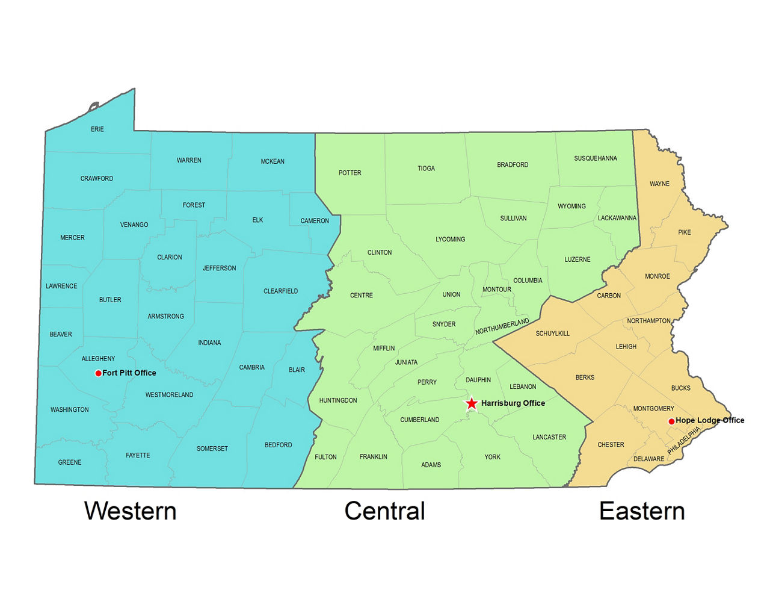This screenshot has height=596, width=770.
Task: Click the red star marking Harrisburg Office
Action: [x=472, y=403]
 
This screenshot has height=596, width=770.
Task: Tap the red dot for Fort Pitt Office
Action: [x=98, y=373]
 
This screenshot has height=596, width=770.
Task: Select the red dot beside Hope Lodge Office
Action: [x=671, y=421]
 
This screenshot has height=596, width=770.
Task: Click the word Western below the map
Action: [x=131, y=511]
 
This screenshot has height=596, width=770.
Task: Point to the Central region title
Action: [x=384, y=511]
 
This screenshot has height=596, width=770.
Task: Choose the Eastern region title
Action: [x=642, y=511]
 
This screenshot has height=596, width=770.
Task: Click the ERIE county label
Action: [x=97, y=129]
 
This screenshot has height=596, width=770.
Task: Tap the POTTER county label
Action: [x=350, y=173]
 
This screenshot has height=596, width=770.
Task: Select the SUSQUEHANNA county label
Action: [x=595, y=159]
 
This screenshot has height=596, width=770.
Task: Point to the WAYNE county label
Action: [x=659, y=184]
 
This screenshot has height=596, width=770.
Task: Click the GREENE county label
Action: [x=70, y=462]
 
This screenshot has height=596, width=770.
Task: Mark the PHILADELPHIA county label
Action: [x=684, y=441]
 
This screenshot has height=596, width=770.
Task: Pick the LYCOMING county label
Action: [x=450, y=240]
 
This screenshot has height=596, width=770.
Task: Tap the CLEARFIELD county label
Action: [x=280, y=291]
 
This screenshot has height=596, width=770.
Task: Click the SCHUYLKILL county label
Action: [x=552, y=334]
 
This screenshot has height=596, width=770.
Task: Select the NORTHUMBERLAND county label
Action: [x=502, y=327]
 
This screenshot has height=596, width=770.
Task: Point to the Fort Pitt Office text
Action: [x=129, y=373]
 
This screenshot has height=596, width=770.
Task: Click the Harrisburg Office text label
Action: [x=513, y=403]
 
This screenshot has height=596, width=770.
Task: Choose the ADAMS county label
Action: [x=431, y=465]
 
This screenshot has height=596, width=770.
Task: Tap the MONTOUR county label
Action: [x=497, y=290]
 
